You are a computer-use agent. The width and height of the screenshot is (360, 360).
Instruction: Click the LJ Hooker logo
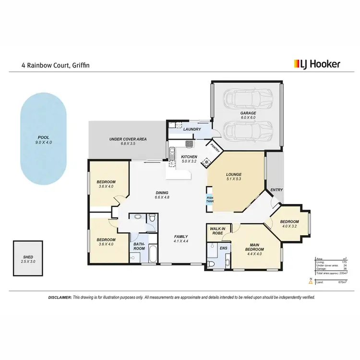(x=317, y=63)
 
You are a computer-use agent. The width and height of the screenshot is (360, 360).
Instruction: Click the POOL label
(x=44, y=137)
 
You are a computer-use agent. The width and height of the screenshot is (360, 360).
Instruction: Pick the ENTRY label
(x=276, y=190)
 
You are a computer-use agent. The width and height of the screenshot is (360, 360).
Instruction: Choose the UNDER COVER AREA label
(x=128, y=139)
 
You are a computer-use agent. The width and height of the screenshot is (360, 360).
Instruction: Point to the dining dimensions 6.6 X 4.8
(x=163, y=197)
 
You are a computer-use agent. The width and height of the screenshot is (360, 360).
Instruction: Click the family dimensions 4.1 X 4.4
(x=181, y=242)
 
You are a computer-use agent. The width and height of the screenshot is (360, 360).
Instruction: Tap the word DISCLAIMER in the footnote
(x=60, y=298)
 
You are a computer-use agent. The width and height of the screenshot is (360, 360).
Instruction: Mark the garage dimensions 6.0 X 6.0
(x=248, y=118)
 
